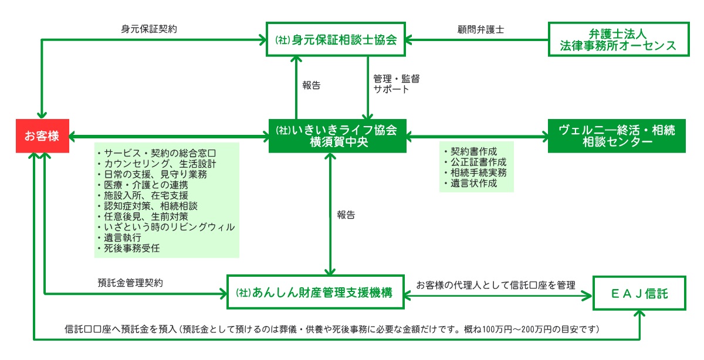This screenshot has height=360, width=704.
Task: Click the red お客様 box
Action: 42,136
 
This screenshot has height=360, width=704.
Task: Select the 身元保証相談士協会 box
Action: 337,40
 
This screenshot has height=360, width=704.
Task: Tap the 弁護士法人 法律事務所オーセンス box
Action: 617,39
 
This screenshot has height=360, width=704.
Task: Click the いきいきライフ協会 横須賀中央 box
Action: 337,135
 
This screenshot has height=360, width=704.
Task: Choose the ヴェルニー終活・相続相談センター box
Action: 617,135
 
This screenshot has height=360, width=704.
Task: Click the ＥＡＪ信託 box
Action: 639,291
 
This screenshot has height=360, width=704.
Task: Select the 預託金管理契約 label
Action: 130,282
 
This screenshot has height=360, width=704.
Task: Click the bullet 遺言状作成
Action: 473,183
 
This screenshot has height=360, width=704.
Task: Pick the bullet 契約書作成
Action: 473,151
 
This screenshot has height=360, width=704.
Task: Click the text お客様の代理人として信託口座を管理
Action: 495,284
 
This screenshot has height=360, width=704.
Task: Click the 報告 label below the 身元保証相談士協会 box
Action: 312,85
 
